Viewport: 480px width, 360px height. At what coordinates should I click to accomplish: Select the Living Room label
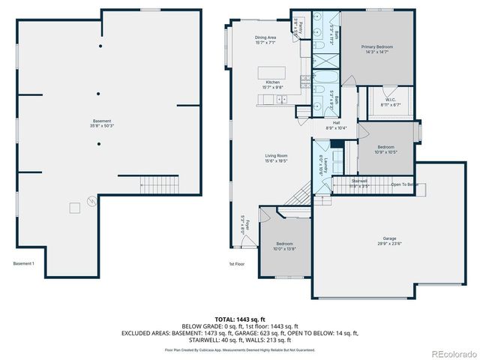coord(276,155)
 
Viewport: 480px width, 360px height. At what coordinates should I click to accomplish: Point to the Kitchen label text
coord(272,82)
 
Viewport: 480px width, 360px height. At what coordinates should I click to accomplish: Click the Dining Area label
coord(265,37)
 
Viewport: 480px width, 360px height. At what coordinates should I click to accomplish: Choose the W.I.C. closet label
coord(391,100)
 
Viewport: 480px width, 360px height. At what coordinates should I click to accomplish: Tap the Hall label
coord(337,123)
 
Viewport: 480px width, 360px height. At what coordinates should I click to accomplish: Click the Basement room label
coord(102,121)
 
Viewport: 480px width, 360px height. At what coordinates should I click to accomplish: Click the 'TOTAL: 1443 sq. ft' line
coord(241,319)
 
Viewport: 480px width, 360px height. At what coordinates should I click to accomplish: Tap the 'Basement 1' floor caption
coord(24,263)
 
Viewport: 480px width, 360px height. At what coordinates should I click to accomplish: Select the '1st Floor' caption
coord(236,264)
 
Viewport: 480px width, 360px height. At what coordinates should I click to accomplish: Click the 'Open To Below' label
coord(403,184)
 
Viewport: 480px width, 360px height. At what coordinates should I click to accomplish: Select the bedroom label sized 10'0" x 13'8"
coord(285,248)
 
